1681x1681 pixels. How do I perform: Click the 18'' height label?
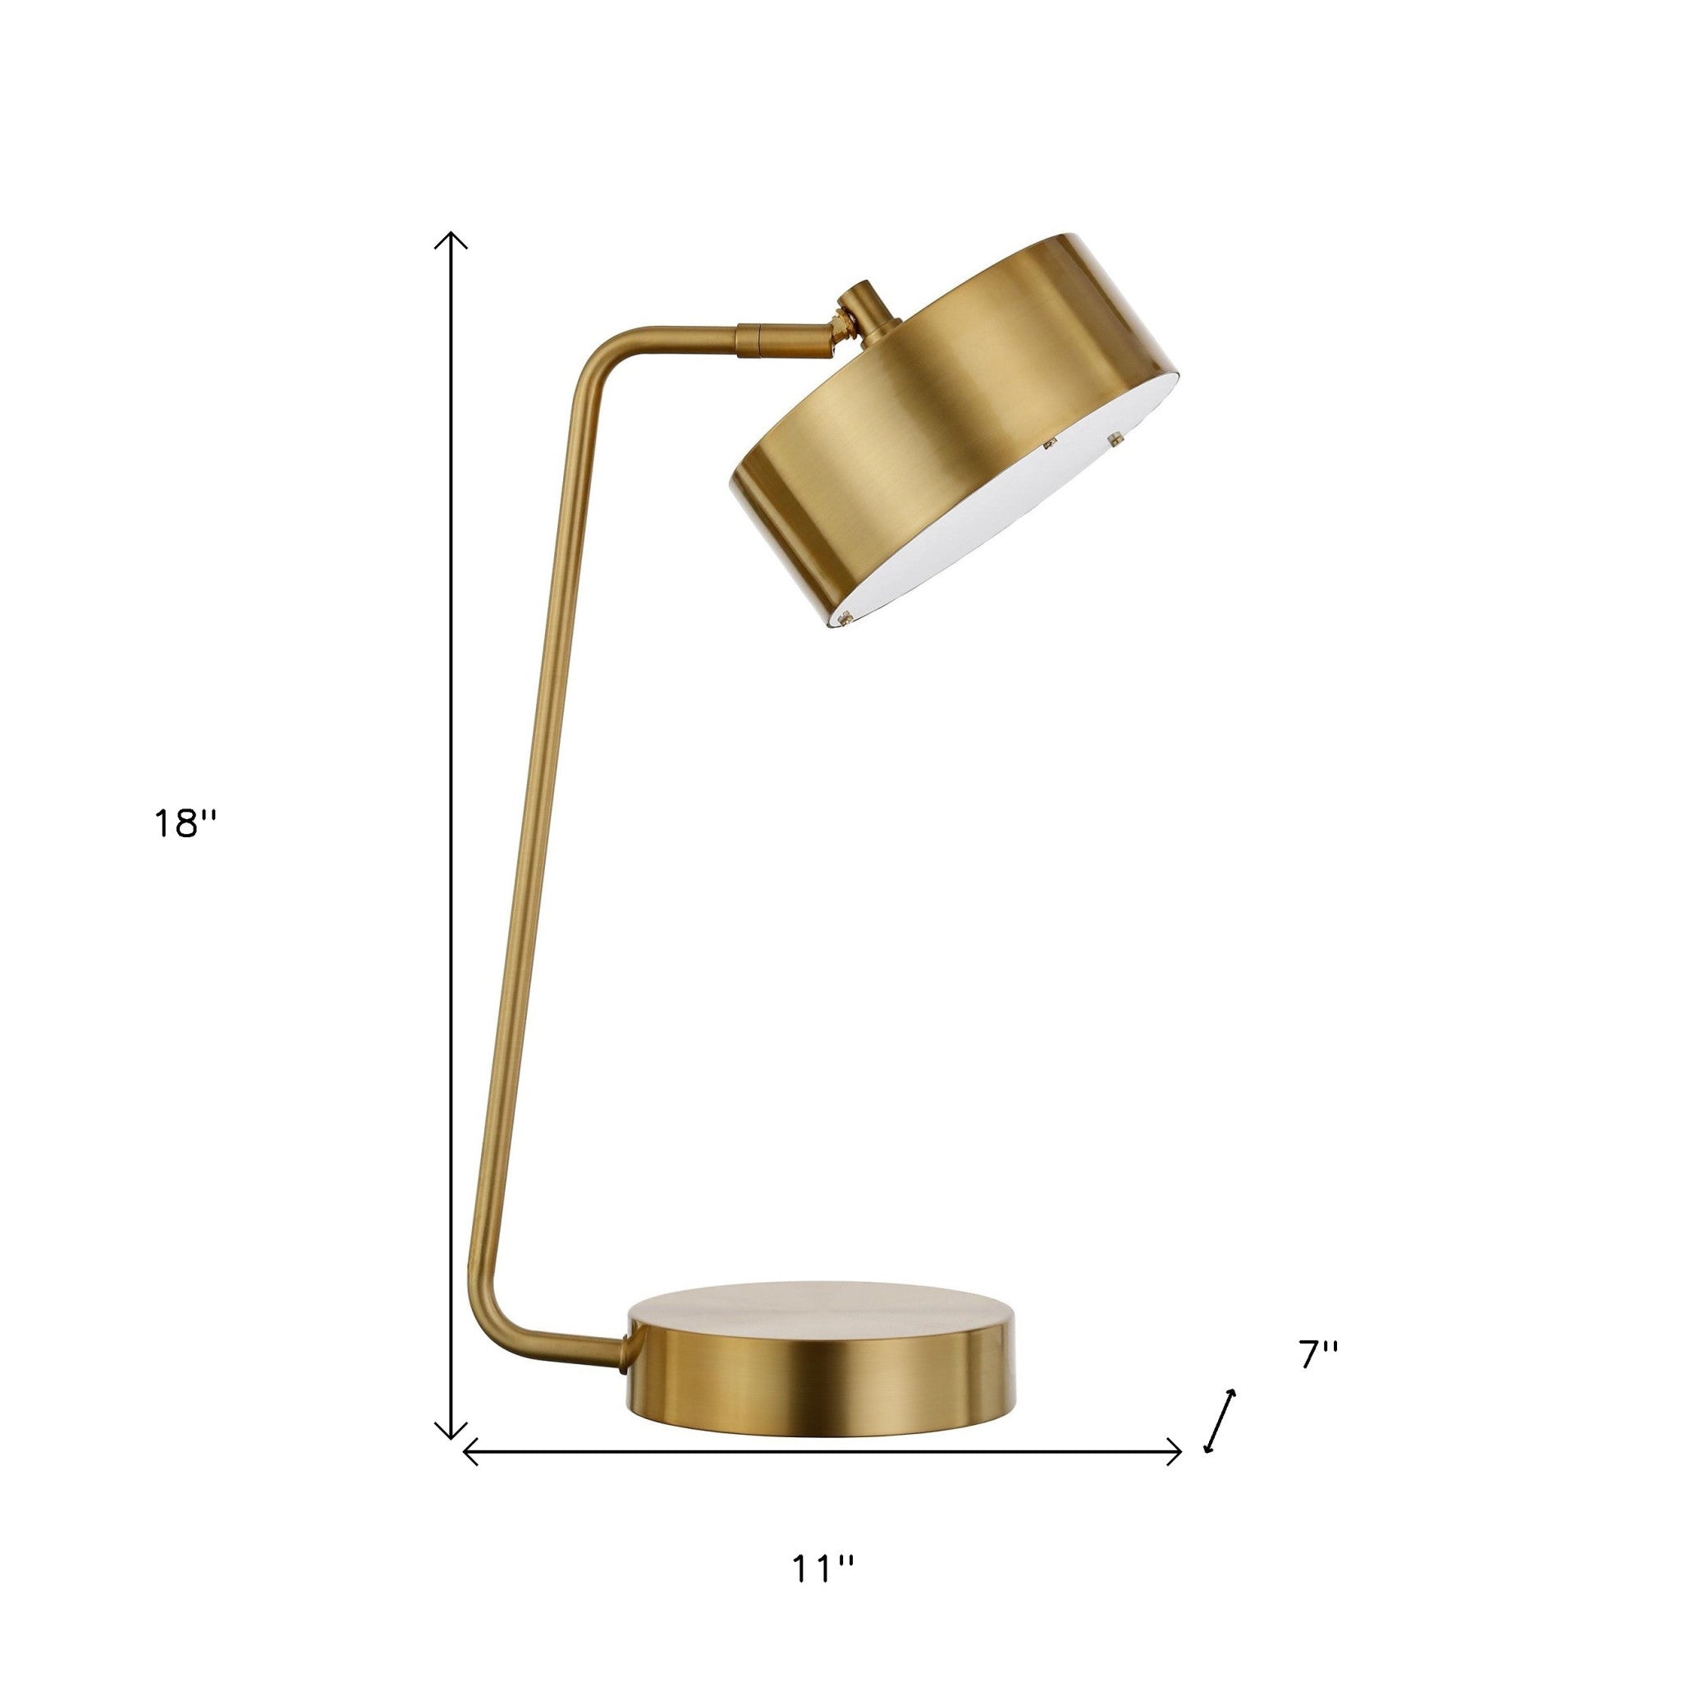(x=184, y=823)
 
